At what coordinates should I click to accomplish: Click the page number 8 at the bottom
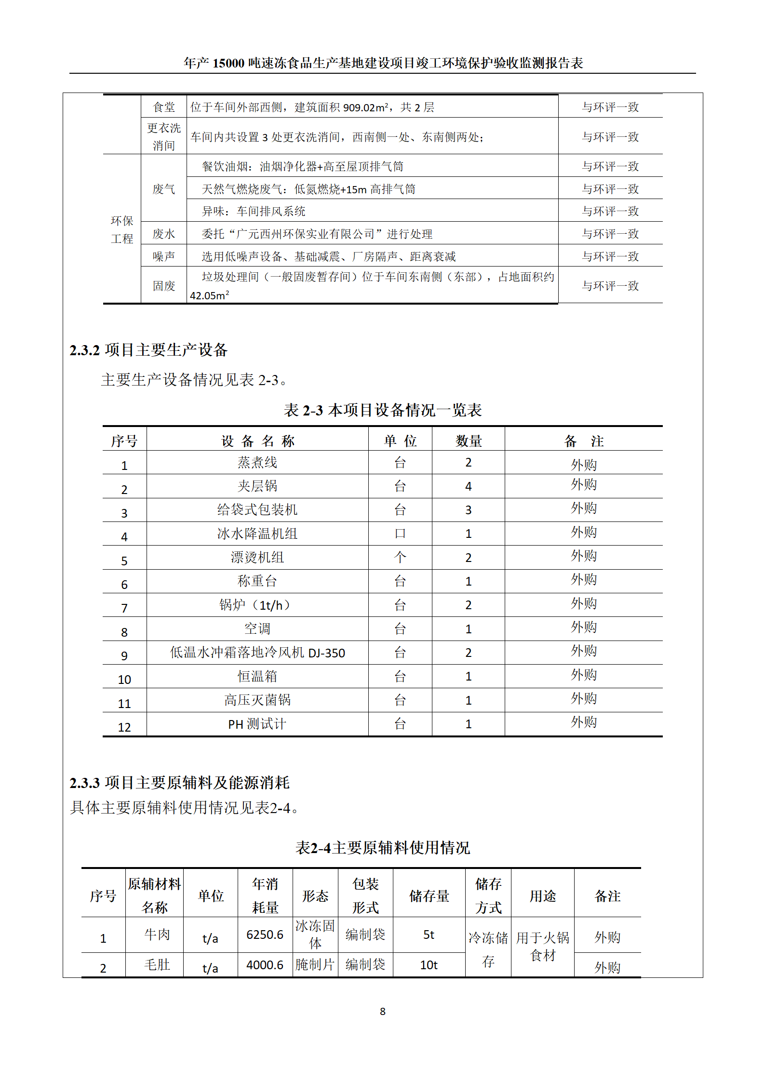382,1012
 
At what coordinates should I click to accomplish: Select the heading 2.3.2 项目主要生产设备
148,350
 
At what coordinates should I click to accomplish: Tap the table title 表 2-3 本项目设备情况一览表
382,410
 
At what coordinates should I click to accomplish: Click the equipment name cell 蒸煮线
257,463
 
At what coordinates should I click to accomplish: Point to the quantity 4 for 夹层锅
468,486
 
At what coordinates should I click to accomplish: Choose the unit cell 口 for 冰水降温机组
400,534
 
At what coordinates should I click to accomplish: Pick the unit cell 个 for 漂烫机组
400,558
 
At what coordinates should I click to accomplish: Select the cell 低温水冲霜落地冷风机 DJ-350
257,653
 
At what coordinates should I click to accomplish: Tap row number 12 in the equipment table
124,727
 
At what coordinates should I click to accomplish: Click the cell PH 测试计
257,724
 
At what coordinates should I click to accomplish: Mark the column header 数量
469,441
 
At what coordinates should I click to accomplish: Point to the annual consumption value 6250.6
265,935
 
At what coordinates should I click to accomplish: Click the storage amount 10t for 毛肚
429,965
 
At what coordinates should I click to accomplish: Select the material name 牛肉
157,935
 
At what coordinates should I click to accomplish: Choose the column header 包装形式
365,895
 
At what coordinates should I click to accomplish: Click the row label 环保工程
122,229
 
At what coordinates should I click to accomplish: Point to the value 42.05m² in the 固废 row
209,295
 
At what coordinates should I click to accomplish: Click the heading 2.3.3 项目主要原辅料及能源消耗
179,783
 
